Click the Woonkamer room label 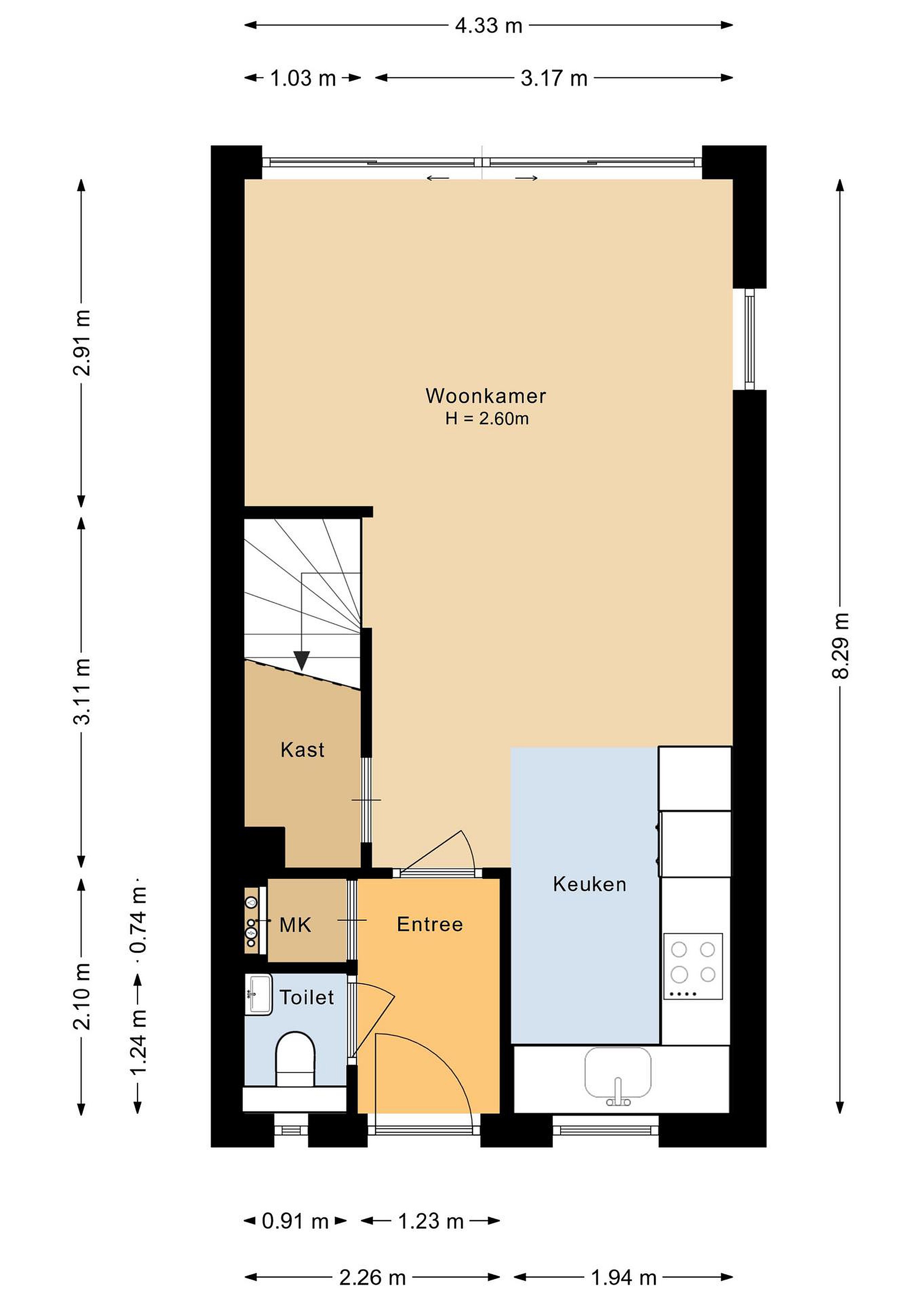coord(486,396)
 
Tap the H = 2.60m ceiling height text coord(486,419)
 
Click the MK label coord(295,925)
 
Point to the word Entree coord(430,925)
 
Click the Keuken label coord(590,884)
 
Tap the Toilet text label coord(307,997)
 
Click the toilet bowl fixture coord(295,1059)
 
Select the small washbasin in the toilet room coord(259,994)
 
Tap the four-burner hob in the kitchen coord(693,966)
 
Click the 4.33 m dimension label coord(488,25)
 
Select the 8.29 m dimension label coord(841,645)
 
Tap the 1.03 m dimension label coord(303,78)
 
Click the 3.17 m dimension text coord(554,78)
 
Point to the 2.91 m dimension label coord(82,343)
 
